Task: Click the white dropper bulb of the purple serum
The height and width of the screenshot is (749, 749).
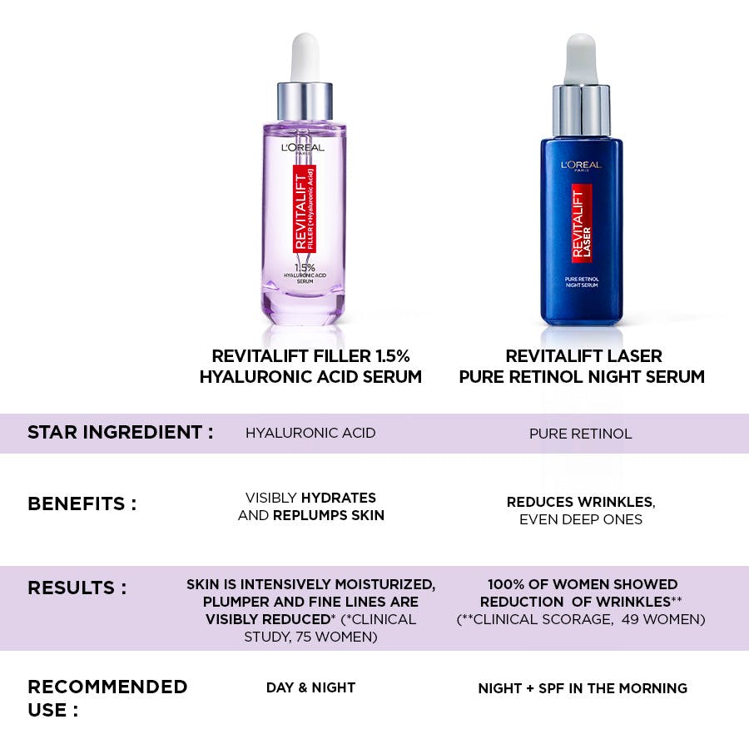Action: [x=305, y=57]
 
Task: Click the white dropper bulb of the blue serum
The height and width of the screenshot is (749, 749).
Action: [x=581, y=59]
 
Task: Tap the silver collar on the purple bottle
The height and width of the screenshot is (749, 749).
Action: [x=305, y=102]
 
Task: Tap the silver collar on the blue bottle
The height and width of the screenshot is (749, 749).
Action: [x=581, y=111]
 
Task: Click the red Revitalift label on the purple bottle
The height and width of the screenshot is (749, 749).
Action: [x=305, y=209]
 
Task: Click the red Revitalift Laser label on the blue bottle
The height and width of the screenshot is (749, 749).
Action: [x=582, y=223]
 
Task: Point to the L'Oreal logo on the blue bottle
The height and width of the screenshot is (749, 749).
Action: [x=581, y=166]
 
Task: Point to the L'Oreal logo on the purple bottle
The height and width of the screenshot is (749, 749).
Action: [x=303, y=148]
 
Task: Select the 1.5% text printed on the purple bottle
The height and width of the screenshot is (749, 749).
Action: [x=305, y=267]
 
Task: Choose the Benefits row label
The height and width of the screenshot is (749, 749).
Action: [x=82, y=504]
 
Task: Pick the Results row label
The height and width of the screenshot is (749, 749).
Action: [x=77, y=588]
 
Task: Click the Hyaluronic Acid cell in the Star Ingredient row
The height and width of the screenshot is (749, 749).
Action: [x=310, y=434]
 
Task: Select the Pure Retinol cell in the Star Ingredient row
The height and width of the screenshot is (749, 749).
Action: [x=580, y=434]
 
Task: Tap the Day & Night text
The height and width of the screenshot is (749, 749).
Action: [x=311, y=687]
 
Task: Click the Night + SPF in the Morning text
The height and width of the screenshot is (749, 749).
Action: [x=583, y=688]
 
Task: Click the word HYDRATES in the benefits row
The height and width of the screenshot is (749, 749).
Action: [x=338, y=498]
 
